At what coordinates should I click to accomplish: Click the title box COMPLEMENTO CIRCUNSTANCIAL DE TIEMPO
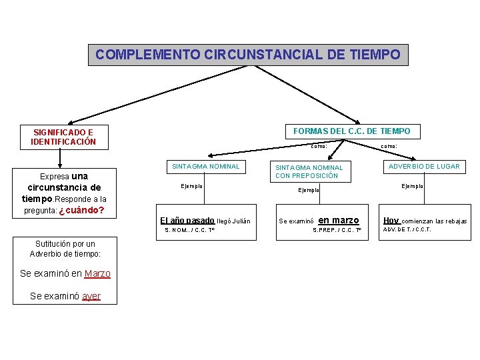[248, 55]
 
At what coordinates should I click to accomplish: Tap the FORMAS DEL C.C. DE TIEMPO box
[351, 131]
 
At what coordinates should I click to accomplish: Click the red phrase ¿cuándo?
[81, 210]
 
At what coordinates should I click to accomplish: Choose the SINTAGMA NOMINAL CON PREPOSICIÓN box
[309, 171]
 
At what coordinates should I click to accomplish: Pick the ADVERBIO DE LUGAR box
[425, 167]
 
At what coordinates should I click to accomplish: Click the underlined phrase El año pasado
[187, 221]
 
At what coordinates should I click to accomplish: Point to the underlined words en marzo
[339, 221]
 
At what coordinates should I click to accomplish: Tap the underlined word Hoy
[391, 221]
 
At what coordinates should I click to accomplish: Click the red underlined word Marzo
[97, 273]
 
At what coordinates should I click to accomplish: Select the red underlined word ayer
[91, 296]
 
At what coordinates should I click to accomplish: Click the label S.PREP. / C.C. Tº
[337, 231]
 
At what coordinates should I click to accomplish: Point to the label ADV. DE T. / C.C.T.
[407, 230]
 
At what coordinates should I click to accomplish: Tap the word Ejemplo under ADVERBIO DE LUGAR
[412, 186]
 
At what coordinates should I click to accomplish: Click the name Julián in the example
[241, 221]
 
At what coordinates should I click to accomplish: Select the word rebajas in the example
[454, 221]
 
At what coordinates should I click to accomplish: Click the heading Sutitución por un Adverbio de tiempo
[65, 249]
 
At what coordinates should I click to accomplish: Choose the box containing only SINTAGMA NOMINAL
[206, 166]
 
